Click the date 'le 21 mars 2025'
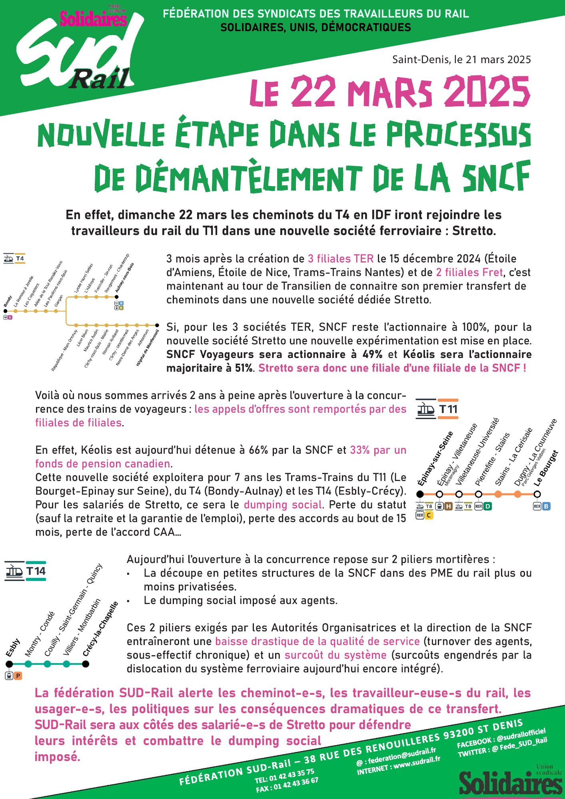[x=492, y=60]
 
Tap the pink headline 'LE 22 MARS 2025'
[x=390, y=91]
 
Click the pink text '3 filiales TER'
[x=341, y=259]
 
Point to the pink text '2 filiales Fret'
[x=469, y=272]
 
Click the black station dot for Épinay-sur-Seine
[x=420, y=494]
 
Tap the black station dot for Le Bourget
[x=537, y=494]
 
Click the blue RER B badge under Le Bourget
[x=546, y=507]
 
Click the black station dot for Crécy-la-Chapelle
[x=85, y=664]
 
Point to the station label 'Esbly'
[x=13, y=648]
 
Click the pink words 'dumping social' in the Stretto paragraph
[x=283, y=505]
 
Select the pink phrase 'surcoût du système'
[x=335, y=655]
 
